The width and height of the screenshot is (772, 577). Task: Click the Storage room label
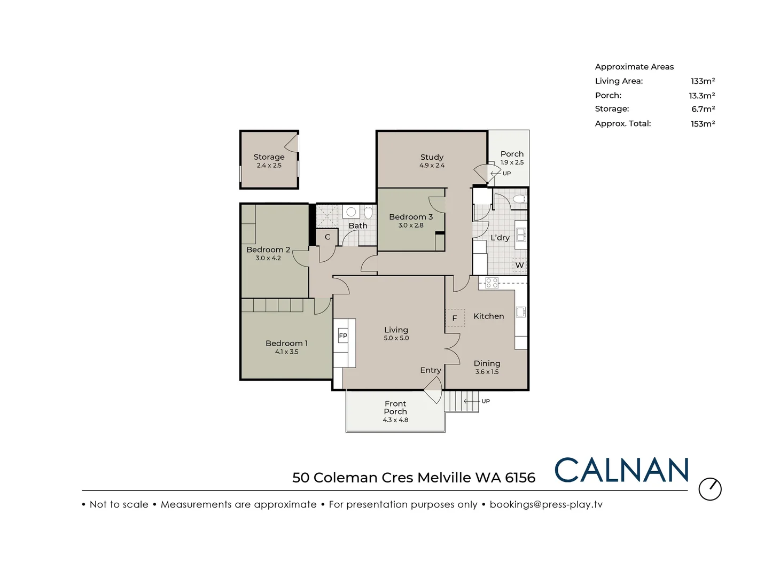[269, 157]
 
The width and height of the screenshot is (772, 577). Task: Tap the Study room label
[432, 157]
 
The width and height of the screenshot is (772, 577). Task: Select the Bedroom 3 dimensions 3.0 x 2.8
[410, 225]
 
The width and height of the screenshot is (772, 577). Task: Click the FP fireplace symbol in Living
[343, 336]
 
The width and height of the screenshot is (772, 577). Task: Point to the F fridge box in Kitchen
[455, 318]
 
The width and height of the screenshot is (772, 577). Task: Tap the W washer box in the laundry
[519, 265]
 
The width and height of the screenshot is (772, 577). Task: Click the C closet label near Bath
[327, 237]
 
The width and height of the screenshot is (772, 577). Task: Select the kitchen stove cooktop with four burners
[492, 283]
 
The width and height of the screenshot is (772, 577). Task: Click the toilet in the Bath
[368, 213]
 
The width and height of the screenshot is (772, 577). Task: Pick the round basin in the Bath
[351, 212]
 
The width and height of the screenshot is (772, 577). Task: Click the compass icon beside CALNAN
[710, 489]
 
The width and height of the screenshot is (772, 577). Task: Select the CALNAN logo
[621, 471]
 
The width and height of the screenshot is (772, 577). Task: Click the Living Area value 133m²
[703, 81]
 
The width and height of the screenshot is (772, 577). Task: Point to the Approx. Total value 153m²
[703, 123]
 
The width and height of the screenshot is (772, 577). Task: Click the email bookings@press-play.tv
[546, 504]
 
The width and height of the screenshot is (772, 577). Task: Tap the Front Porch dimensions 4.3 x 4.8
[395, 420]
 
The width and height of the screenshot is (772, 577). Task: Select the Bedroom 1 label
[286, 344]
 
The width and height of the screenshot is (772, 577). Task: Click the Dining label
[487, 363]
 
